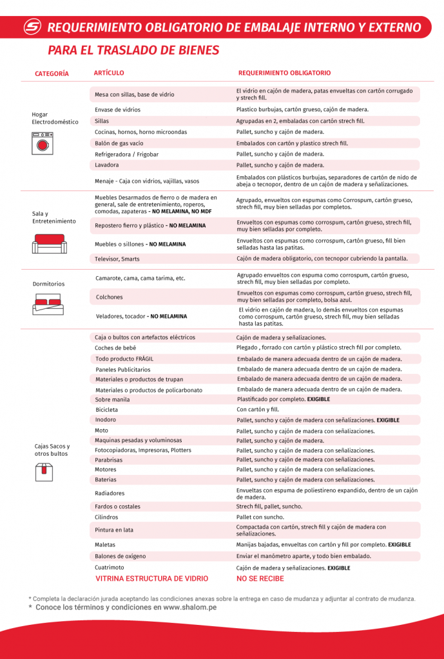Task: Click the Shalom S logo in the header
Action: pyautogui.click(x=32, y=27)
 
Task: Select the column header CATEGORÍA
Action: pyautogui.click(x=52, y=74)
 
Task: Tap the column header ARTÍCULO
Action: pyautogui.click(x=109, y=73)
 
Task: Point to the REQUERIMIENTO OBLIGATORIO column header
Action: pyautogui.click(x=284, y=73)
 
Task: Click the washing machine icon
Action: pyautogui.click(x=42, y=143)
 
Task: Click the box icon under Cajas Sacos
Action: pyautogui.click(x=43, y=472)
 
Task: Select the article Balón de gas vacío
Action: pyautogui.click(x=119, y=143)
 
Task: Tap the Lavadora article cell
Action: pyautogui.click(x=107, y=165)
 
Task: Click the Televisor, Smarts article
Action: pyautogui.click(x=117, y=259)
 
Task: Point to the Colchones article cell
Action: pyautogui.click(x=109, y=297)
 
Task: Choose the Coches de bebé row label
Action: pyautogui.click(x=115, y=348)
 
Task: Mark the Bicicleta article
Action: pyautogui.click(x=107, y=409)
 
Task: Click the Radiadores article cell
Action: pyautogui.click(x=110, y=493)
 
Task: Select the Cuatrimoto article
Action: pyautogui.click(x=110, y=568)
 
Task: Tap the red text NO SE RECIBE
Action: pyautogui.click(x=260, y=579)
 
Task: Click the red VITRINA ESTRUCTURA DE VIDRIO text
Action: pyautogui.click(x=152, y=579)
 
